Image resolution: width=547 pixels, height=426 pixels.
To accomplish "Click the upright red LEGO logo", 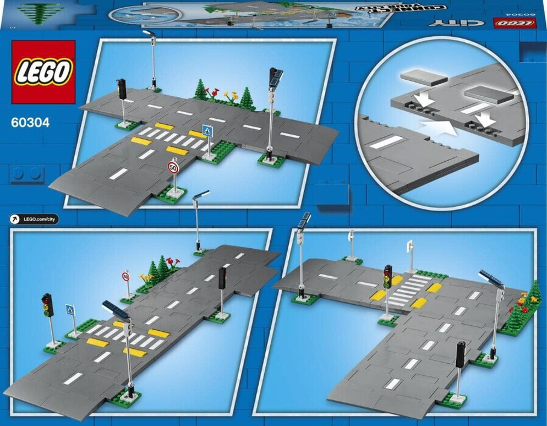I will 43,72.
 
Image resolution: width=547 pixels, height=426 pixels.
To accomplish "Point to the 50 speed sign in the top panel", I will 173,167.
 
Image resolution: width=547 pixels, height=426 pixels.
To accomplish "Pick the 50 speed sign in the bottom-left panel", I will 126,276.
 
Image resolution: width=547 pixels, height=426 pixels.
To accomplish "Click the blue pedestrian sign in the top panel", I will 207,131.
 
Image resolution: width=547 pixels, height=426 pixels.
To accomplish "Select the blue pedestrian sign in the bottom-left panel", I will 70,310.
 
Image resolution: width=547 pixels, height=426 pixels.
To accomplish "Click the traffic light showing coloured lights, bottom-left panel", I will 48,305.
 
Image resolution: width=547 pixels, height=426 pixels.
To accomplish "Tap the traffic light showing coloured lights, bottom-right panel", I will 388,276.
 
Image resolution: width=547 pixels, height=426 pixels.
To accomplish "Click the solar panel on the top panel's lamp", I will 276,76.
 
